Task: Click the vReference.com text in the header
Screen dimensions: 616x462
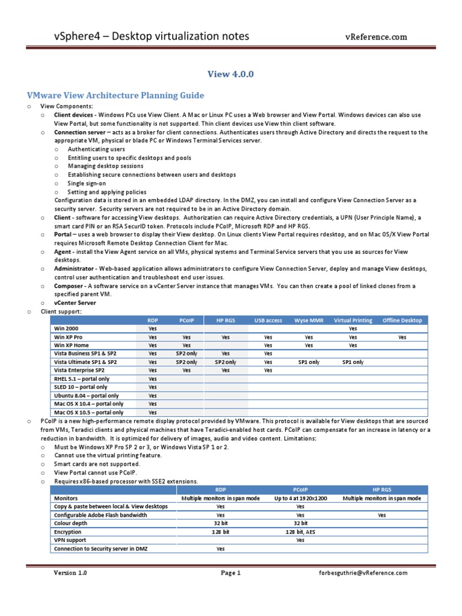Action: coord(375,37)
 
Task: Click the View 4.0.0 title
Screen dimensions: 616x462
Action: coord(231,74)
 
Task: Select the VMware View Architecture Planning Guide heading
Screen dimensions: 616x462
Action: coord(115,95)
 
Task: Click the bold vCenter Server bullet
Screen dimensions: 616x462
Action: coord(75,303)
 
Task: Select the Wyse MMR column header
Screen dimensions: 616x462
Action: coord(309,321)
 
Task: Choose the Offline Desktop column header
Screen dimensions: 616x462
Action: coord(402,321)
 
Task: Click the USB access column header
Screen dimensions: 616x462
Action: coord(268,321)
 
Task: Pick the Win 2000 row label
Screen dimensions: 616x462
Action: coord(67,329)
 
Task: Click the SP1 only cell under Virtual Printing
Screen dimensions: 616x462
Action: coord(353,362)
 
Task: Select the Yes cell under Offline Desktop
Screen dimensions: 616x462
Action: coord(402,337)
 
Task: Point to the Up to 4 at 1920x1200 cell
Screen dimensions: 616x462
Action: coord(300,498)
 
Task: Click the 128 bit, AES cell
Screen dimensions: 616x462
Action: coord(300,532)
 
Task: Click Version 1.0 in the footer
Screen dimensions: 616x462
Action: coord(70,573)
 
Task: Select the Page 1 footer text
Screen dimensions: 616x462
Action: coord(230,573)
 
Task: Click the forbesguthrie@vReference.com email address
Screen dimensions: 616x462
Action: coord(363,573)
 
